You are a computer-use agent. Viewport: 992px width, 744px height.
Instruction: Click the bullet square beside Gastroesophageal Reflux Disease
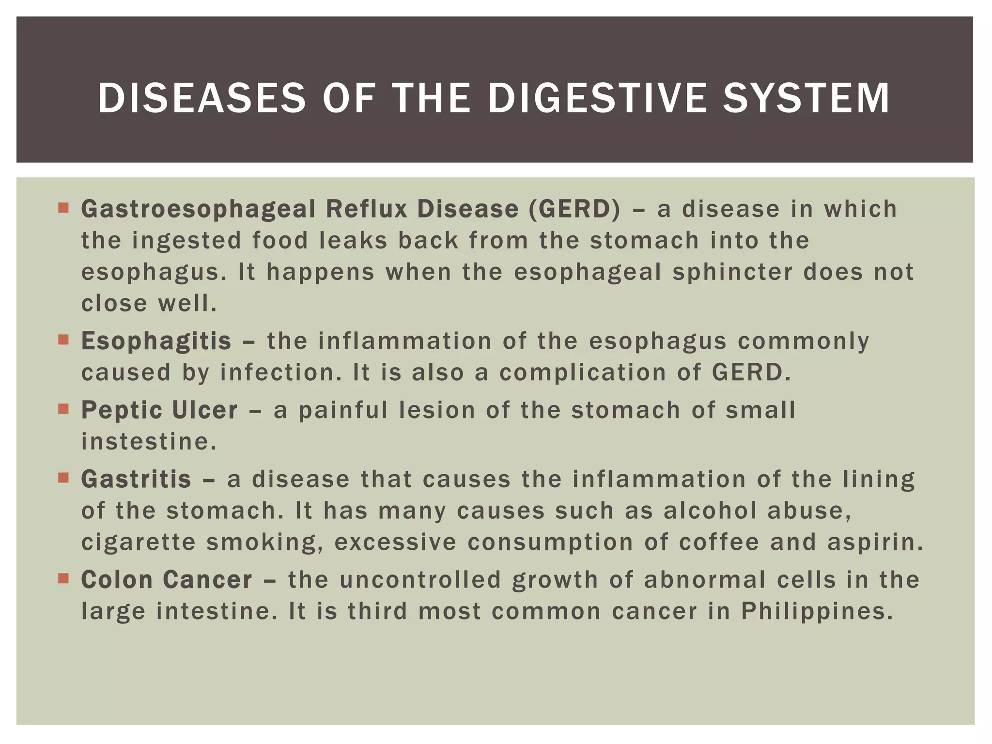click(63, 208)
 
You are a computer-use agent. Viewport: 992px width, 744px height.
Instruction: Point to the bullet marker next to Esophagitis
click(63, 340)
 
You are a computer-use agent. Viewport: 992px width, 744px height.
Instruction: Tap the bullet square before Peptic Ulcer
click(63, 409)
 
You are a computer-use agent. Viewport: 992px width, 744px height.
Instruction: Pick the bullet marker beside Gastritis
click(63, 478)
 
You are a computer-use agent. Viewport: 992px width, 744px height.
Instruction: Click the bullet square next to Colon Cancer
click(63, 578)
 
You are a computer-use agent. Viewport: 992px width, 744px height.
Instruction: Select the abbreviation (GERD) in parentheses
click(574, 209)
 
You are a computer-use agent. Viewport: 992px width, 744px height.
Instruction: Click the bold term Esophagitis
click(156, 341)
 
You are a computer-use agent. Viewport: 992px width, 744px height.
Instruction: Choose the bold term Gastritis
click(136, 480)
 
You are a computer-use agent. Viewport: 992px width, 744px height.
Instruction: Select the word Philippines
click(817, 611)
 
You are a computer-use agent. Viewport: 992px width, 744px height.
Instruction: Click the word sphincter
click(732, 272)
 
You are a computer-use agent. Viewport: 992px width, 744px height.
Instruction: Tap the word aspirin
click(875, 542)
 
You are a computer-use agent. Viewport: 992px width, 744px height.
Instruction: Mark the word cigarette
click(138, 542)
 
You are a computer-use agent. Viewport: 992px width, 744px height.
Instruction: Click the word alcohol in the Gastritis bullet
click(710, 511)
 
